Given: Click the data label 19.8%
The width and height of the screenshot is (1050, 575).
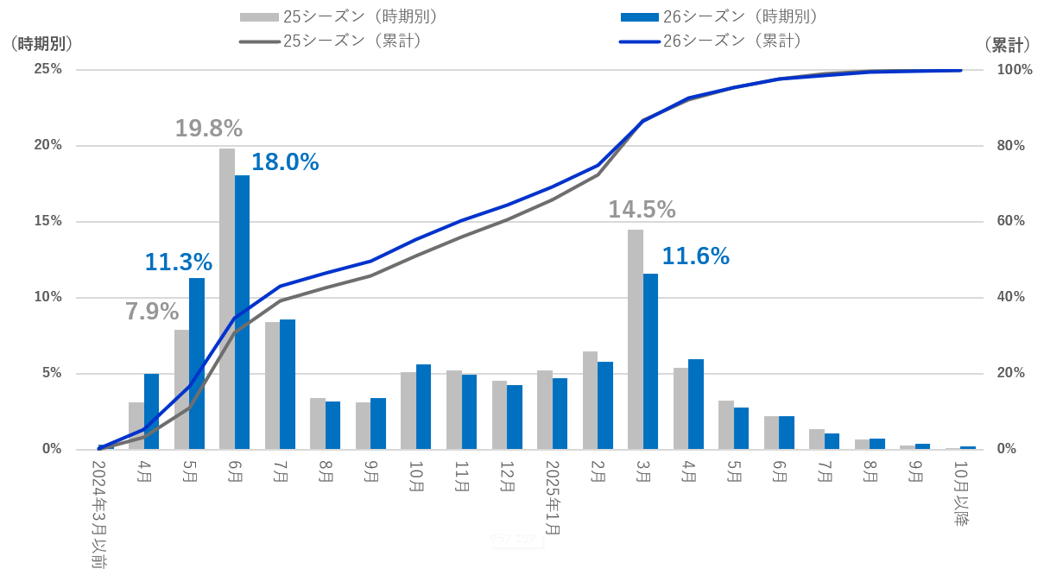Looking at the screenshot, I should coord(208,129).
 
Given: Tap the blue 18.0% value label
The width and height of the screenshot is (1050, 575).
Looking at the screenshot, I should coord(285,162).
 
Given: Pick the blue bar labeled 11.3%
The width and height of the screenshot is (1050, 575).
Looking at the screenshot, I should coord(197,363).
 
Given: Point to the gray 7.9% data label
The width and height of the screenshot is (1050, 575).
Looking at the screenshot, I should coord(152,312).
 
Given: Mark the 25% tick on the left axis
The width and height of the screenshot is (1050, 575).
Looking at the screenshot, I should coord(47,69).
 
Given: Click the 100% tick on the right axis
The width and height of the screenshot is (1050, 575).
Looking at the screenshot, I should coord(1015,70).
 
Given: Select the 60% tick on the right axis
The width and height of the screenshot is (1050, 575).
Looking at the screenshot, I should coord(1011,221).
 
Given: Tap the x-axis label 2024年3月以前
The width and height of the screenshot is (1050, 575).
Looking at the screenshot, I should coord(98,514).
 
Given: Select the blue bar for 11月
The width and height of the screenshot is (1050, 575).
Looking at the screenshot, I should coord(469,412).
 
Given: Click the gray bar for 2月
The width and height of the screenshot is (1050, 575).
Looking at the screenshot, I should coord(590,401).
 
